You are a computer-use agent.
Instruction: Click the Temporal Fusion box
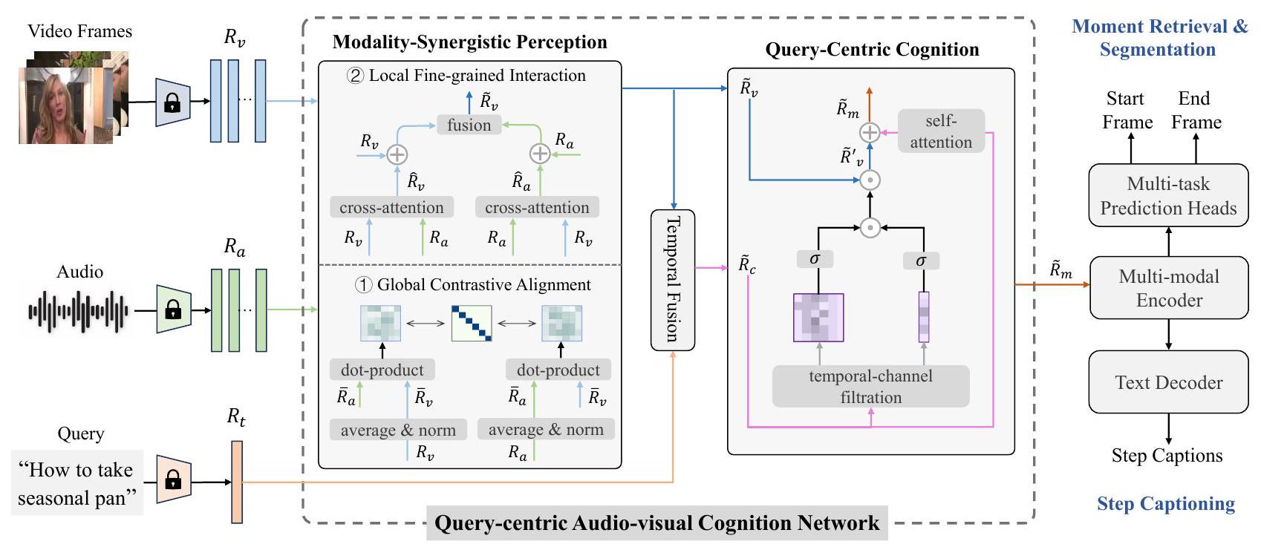tap(672, 280)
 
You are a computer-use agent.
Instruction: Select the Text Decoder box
tap(1168, 382)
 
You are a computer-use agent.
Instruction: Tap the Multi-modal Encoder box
tap(1168, 288)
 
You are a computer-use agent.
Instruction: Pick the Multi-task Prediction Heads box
tap(1168, 196)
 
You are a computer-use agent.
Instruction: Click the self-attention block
tap(941, 131)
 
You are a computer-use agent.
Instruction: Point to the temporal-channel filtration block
tap(870, 387)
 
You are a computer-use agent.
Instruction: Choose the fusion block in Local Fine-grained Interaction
tap(469, 125)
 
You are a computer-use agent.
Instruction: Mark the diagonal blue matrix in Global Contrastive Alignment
tap(472, 324)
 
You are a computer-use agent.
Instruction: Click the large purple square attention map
tap(818, 318)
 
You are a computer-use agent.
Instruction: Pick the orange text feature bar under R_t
tap(237, 482)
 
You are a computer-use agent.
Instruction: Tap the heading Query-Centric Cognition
tap(872, 50)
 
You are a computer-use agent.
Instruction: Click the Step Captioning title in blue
tap(1166, 504)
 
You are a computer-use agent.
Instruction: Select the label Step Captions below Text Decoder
tap(1167, 456)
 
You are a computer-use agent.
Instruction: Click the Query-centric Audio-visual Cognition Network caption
tap(656, 523)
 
